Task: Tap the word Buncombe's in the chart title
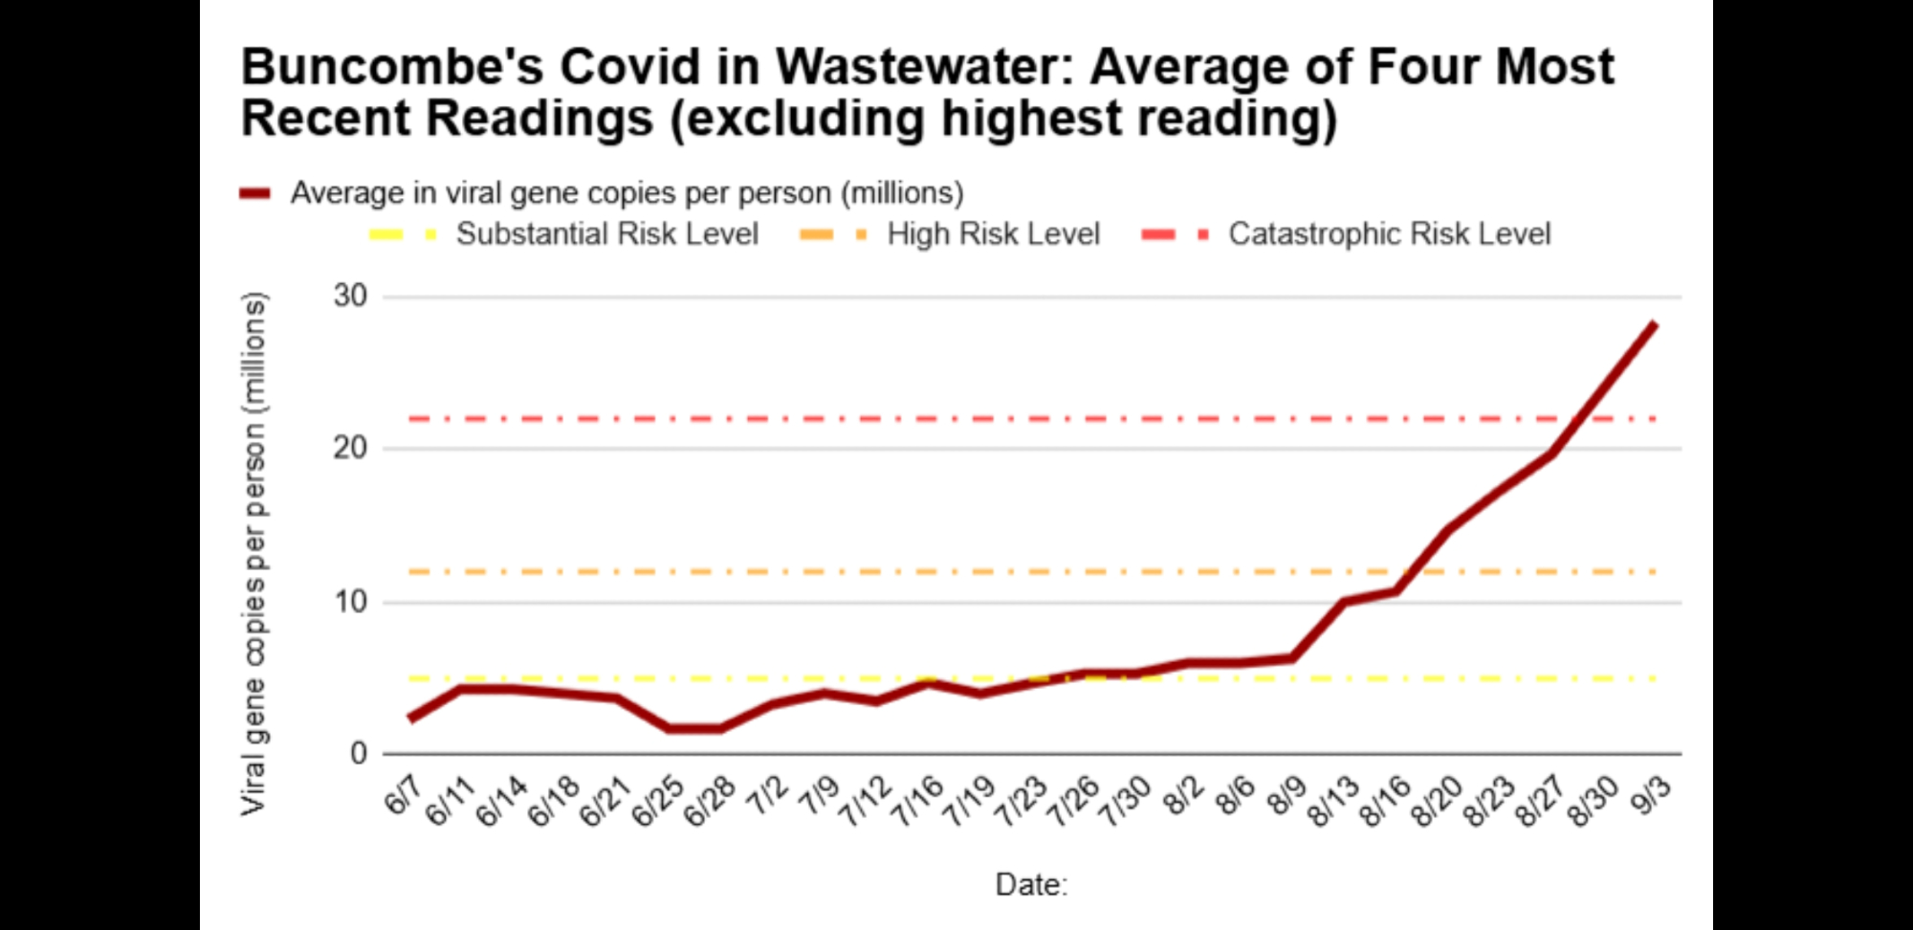(392, 67)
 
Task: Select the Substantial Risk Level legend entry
(606, 234)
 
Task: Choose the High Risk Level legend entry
(993, 234)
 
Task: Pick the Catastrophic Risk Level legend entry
(1389, 234)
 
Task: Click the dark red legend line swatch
(255, 193)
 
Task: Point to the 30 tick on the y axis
(350, 297)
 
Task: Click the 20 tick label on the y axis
(350, 448)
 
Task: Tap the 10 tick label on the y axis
(350, 602)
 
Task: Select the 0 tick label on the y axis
(359, 754)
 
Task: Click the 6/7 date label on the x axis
(403, 795)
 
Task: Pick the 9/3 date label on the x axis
(1652, 795)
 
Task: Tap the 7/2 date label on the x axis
(769, 795)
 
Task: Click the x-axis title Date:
(1031, 884)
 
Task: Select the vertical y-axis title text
(254, 553)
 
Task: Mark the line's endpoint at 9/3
(1655, 324)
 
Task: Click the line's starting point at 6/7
(409, 719)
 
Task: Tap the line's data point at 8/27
(1550, 454)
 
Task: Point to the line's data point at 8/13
(1344, 602)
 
